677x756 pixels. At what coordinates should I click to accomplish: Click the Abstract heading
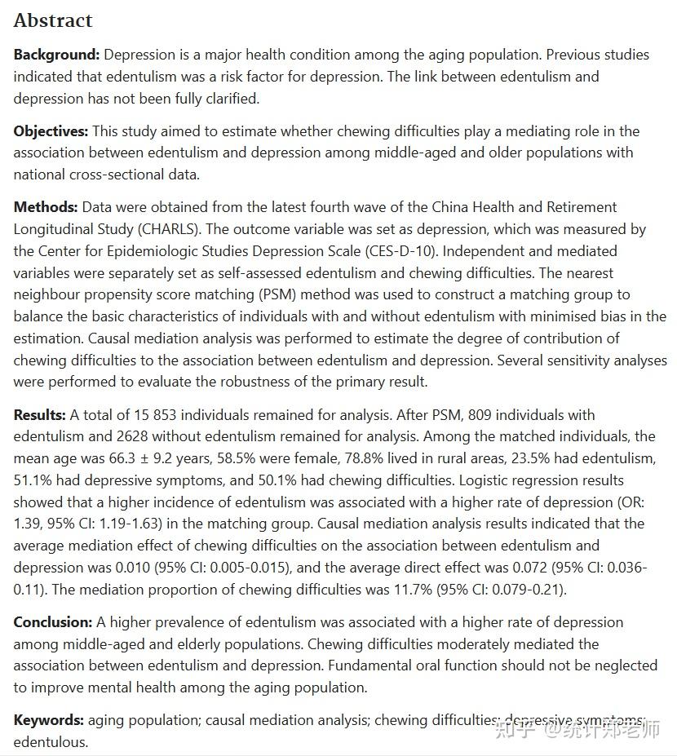click(53, 20)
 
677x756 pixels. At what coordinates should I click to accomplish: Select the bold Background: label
click(56, 55)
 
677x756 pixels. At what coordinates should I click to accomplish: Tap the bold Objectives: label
click(51, 131)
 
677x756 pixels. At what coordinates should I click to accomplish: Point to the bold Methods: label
click(46, 207)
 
